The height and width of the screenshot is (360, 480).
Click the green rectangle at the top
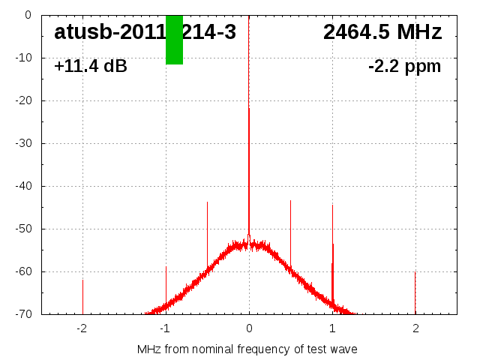click(x=174, y=40)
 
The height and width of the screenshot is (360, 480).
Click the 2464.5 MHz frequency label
click(x=382, y=32)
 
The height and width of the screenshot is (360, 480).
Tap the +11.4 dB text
click(x=91, y=67)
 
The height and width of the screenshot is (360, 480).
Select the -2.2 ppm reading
click(x=404, y=67)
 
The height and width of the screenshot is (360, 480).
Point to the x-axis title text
click(x=247, y=349)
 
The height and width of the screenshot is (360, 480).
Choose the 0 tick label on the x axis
click(x=249, y=328)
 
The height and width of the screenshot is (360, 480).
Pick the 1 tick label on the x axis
click(x=332, y=328)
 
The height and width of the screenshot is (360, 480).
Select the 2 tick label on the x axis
click(x=415, y=328)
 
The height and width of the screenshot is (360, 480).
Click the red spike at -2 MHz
click(x=82, y=296)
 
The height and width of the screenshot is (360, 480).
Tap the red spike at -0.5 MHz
click(x=207, y=232)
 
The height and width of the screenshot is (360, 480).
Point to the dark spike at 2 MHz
click(x=415, y=292)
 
